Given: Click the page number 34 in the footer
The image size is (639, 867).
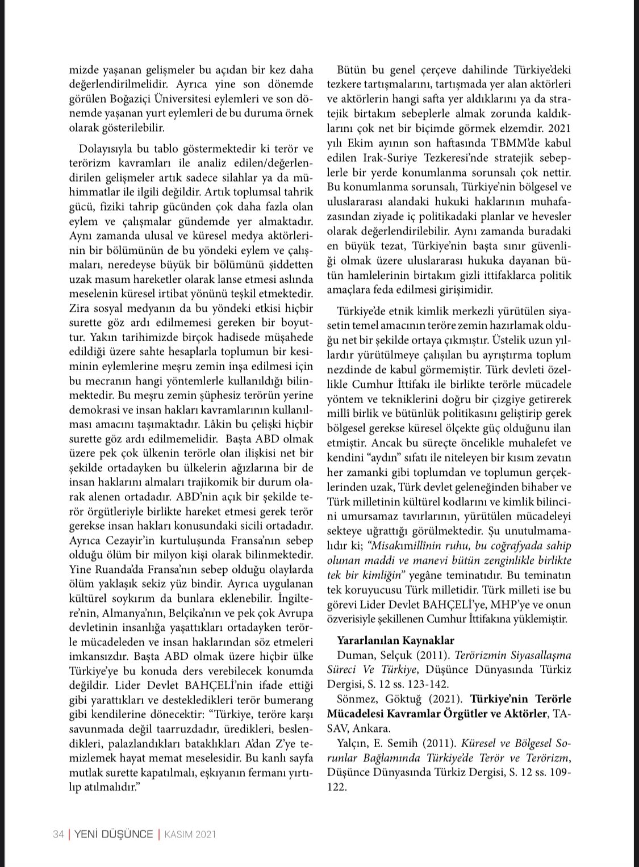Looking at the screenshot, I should pos(58,834).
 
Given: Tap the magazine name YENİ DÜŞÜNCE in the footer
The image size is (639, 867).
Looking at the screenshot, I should pos(113,834).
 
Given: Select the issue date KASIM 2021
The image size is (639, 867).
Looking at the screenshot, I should pos(190,834).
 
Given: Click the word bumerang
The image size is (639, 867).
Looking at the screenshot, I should pos(287,699).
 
